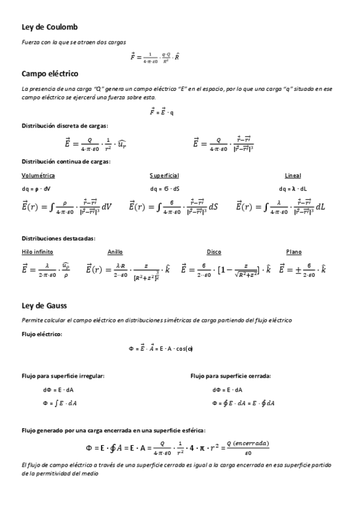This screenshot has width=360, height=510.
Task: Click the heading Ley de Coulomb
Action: [x=49, y=27]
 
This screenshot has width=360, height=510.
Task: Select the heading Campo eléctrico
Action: [x=50, y=73]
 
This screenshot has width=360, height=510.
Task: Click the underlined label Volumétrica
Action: [x=38, y=176]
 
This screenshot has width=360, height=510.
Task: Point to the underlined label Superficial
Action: [x=164, y=176]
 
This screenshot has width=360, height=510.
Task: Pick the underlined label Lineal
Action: [x=293, y=176]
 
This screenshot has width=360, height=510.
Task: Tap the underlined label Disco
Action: [x=214, y=252]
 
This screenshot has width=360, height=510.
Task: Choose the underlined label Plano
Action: [x=294, y=252]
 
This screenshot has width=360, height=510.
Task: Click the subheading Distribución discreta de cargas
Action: [x=64, y=126]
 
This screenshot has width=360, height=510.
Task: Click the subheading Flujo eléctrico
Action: [x=41, y=333]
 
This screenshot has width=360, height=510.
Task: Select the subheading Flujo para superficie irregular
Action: [x=63, y=375]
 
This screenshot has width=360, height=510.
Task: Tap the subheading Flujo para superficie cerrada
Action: [x=230, y=375]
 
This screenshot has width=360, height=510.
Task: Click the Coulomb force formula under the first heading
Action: [x=155, y=57]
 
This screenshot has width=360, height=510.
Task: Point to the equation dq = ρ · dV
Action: [x=36, y=189]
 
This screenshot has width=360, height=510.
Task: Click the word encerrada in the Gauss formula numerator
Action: [x=250, y=442]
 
